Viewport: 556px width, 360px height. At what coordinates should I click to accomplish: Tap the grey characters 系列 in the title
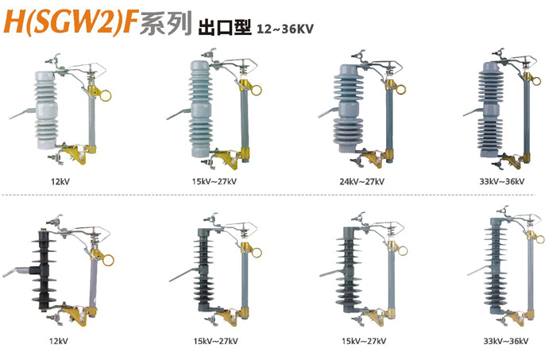pyautogui.click(x=165, y=23)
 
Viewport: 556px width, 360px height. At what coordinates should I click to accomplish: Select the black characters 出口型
pyautogui.click(x=225, y=28)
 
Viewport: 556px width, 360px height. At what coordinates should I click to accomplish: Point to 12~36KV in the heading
pyautogui.click(x=285, y=29)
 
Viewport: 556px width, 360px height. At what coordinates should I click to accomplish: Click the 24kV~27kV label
pyautogui.click(x=361, y=182)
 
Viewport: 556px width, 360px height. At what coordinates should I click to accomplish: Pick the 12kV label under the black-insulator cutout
pyautogui.click(x=59, y=341)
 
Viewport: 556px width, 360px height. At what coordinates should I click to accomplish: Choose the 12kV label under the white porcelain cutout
pyautogui.click(x=60, y=182)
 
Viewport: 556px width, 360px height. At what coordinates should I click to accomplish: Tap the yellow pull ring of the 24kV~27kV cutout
pyautogui.click(x=400, y=89)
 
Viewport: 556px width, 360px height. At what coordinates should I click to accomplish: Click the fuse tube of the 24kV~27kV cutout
pyautogui.click(x=389, y=121)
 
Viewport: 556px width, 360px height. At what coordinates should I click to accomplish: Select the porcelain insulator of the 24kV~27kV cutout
pyautogui.click(x=348, y=108)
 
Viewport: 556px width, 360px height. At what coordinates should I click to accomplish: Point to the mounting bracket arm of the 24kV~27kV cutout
pyautogui.click(x=329, y=112)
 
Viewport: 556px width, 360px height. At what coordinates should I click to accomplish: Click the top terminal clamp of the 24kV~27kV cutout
pyautogui.click(x=359, y=56)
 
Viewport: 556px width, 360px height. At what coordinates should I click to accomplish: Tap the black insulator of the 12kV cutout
pyautogui.click(x=44, y=270)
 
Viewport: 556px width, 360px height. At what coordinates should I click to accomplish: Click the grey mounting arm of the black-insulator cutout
pyautogui.click(x=17, y=271)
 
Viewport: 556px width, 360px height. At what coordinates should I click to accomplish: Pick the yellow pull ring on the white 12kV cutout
pyautogui.click(x=105, y=95)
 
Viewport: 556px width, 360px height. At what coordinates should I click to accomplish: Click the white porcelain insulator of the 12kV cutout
pyautogui.click(x=46, y=110)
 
